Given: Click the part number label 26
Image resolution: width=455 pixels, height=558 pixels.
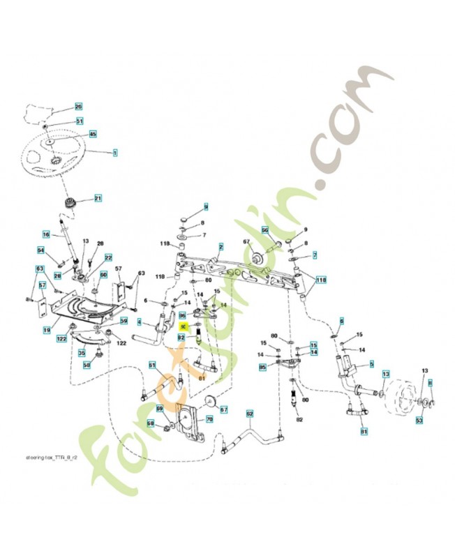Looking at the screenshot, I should (x=78, y=107).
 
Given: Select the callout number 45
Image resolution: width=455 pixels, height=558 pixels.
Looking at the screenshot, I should (x=93, y=133).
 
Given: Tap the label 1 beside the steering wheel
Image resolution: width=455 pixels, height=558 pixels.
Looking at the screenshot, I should (x=115, y=151).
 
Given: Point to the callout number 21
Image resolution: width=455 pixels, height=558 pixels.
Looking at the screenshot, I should (x=98, y=199).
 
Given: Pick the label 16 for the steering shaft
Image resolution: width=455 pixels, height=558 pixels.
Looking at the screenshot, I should (x=45, y=234).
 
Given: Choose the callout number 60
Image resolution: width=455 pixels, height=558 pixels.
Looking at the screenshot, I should (x=104, y=275).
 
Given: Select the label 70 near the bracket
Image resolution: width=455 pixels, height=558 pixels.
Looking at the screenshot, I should (x=209, y=419).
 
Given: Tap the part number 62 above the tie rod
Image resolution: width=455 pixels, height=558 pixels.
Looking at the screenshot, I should (x=249, y=414).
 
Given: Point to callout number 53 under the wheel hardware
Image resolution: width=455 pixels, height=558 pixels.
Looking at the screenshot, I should (x=419, y=421).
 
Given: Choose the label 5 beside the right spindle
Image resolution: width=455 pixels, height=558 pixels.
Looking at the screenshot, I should (x=371, y=363).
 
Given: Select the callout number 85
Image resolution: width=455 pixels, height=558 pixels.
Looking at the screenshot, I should (x=262, y=366).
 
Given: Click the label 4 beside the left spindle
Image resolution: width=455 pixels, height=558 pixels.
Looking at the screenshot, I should (x=139, y=322).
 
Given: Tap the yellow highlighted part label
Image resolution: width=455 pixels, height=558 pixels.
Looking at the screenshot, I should (x=184, y=326).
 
